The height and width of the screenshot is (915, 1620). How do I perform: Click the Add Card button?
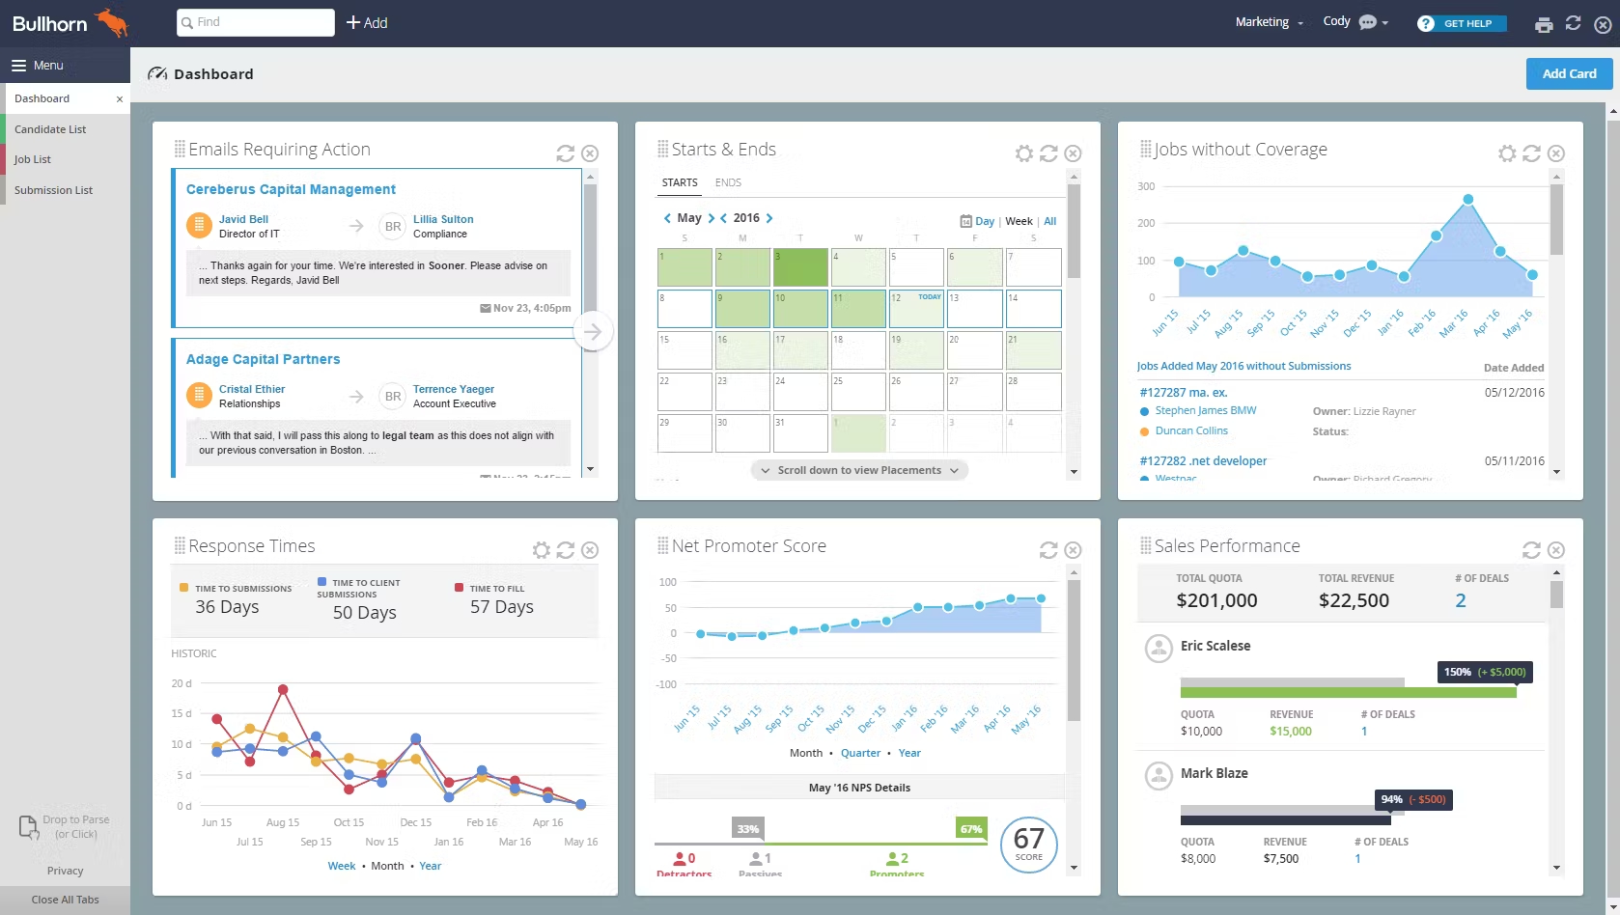[x=1569, y=73]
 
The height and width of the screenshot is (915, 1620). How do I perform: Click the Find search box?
[x=256, y=22]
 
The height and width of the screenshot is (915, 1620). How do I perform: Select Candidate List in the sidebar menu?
[x=50, y=129]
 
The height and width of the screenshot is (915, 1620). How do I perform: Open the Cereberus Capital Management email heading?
[x=291, y=189]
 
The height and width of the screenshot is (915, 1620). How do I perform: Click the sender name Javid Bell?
[x=243, y=219]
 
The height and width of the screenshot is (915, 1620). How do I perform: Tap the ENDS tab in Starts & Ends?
[x=728, y=182]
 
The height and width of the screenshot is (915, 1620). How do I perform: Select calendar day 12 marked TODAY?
[x=916, y=309]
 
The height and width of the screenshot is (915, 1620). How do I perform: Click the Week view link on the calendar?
[x=1019, y=221]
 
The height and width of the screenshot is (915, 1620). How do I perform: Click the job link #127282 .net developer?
[x=1203, y=461]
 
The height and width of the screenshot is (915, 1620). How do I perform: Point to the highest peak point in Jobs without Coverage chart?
[x=1467, y=200]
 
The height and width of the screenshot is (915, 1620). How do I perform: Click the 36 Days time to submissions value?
[x=227, y=607]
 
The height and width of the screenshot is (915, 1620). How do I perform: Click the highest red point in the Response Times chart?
[x=283, y=689]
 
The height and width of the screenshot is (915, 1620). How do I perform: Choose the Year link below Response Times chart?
[x=431, y=866]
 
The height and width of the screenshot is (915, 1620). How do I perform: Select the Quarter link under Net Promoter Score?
[x=860, y=753]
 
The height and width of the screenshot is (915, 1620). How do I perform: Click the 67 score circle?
[x=1028, y=844]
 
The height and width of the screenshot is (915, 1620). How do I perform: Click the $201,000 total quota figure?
[x=1216, y=600]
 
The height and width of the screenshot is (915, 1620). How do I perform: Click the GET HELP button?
[x=1462, y=23]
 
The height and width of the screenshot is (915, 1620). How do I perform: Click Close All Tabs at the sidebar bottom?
[x=65, y=900]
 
